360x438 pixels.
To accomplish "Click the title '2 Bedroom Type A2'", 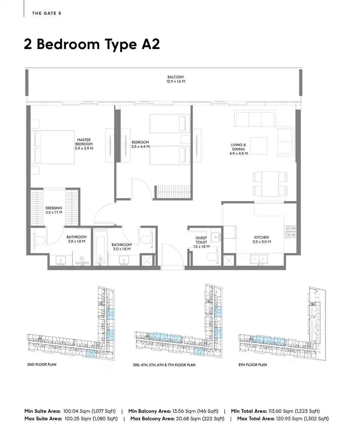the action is point(92,44).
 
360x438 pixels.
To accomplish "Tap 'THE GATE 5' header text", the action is point(46,13).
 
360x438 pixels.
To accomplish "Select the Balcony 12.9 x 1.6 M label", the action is point(176,79).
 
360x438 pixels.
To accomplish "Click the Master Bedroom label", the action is point(84,144).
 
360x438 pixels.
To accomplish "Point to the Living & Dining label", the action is point(238,149).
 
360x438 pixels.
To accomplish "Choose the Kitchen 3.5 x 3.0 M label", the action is point(262,240).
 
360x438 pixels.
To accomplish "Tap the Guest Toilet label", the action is point(201,242).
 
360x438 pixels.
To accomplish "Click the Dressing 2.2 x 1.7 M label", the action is point(54,210).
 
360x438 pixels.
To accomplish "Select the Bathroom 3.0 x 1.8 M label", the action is point(121,247).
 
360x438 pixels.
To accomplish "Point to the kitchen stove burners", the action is point(290,231).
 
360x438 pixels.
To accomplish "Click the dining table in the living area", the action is point(270,184).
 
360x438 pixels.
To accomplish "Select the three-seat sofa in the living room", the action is point(255,118).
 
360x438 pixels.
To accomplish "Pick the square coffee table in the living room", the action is point(259,146).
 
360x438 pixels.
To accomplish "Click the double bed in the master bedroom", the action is point(52,147).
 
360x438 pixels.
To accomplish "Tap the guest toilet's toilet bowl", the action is point(212,257).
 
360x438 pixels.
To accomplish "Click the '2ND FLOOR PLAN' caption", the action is point(42,365).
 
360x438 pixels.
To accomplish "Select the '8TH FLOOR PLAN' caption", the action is point(253,365).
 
